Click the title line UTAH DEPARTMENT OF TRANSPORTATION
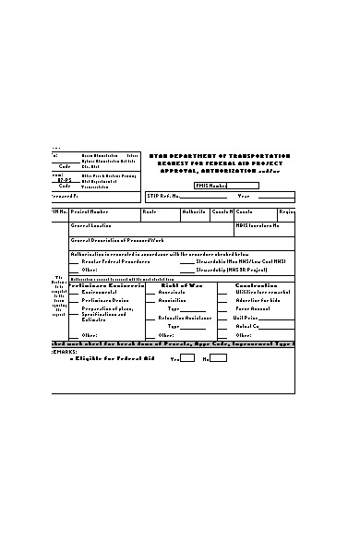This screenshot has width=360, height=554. [x=220, y=156]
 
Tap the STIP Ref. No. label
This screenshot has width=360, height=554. [x=163, y=197]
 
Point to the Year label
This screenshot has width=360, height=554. [x=244, y=197]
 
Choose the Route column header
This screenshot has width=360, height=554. [x=150, y=212]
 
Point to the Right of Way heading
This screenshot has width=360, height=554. [x=181, y=285]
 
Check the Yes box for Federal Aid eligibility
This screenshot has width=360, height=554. [x=187, y=358]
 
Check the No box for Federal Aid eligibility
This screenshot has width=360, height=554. [x=219, y=358]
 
